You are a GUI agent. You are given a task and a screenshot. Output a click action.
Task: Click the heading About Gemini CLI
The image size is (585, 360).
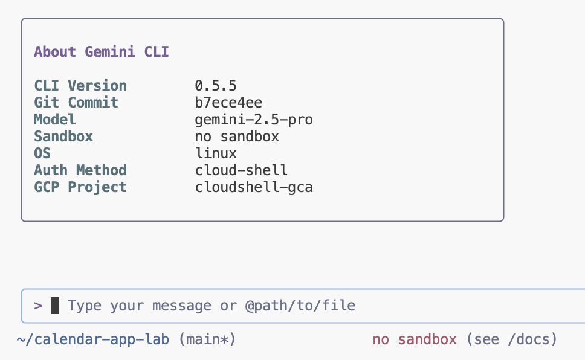(102, 52)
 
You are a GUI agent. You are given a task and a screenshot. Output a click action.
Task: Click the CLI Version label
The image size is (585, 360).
(80, 86)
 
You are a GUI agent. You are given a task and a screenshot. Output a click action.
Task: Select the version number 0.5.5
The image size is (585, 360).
(216, 86)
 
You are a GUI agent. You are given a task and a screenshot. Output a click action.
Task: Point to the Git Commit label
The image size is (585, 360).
(76, 103)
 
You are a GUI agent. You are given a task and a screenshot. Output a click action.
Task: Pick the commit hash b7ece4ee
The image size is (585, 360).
(228, 103)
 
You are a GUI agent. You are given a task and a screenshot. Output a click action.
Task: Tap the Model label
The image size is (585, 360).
(55, 120)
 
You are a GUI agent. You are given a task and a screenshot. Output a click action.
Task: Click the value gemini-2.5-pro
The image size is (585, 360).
(254, 120)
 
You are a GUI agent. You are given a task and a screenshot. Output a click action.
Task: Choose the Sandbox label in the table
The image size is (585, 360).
(63, 137)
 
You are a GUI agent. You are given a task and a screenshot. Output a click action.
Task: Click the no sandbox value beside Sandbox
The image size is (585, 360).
(237, 137)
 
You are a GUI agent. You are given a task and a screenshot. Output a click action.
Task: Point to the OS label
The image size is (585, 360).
(42, 153)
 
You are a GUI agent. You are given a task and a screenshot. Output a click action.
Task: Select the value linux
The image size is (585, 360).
(216, 153)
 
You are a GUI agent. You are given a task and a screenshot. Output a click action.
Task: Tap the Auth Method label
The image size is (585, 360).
(80, 170)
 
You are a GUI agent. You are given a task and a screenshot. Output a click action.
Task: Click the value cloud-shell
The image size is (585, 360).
(241, 170)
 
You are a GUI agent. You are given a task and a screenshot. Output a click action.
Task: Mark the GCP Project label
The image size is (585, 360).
(80, 187)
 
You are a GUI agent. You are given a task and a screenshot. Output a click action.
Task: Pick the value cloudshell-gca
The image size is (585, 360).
(254, 187)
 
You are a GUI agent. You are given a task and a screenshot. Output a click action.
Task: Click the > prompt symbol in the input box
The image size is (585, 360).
(38, 306)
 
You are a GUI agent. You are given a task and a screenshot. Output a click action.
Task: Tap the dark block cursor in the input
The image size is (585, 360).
(55, 306)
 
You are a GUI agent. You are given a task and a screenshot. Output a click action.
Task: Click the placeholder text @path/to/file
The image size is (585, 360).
(300, 306)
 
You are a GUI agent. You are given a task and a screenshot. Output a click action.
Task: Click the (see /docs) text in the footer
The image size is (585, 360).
(511, 339)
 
